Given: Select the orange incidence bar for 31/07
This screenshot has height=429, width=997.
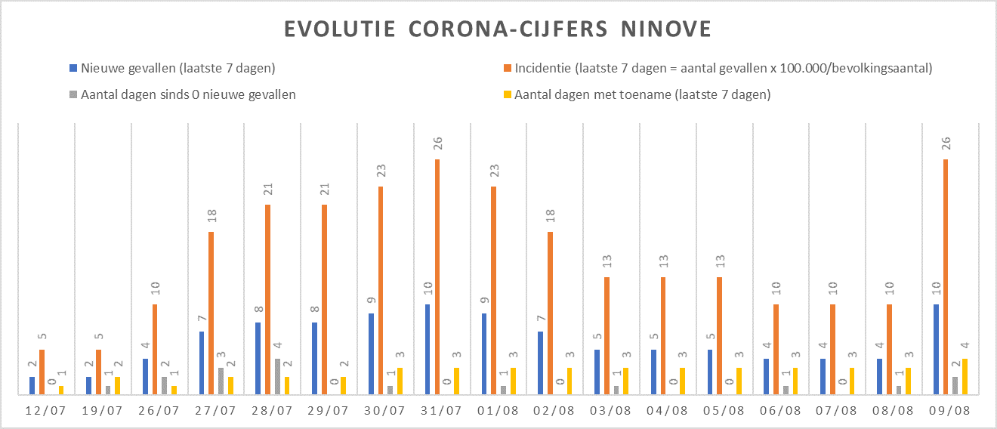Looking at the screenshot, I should pos(437,276).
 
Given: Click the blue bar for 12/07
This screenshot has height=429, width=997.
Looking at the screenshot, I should pos(32,385).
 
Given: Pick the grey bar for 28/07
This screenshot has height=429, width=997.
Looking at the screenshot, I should pos(277,376).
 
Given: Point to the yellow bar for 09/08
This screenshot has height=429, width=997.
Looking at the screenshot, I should pos(964,376).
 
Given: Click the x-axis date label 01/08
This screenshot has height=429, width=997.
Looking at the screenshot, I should pos(498,412).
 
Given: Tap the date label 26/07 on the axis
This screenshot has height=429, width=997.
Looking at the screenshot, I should pos(159,412).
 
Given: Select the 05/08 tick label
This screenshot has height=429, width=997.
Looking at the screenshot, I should pos(724,412).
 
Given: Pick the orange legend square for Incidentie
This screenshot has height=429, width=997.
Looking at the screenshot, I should pos(508,69).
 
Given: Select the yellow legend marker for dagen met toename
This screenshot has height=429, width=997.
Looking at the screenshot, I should pos(508,95).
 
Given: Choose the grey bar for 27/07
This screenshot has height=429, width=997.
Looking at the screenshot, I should pos(221,381).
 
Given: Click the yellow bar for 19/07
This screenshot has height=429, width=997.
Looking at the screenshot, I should pos(117,385).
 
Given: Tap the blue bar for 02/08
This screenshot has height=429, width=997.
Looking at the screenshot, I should pos(541,363).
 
